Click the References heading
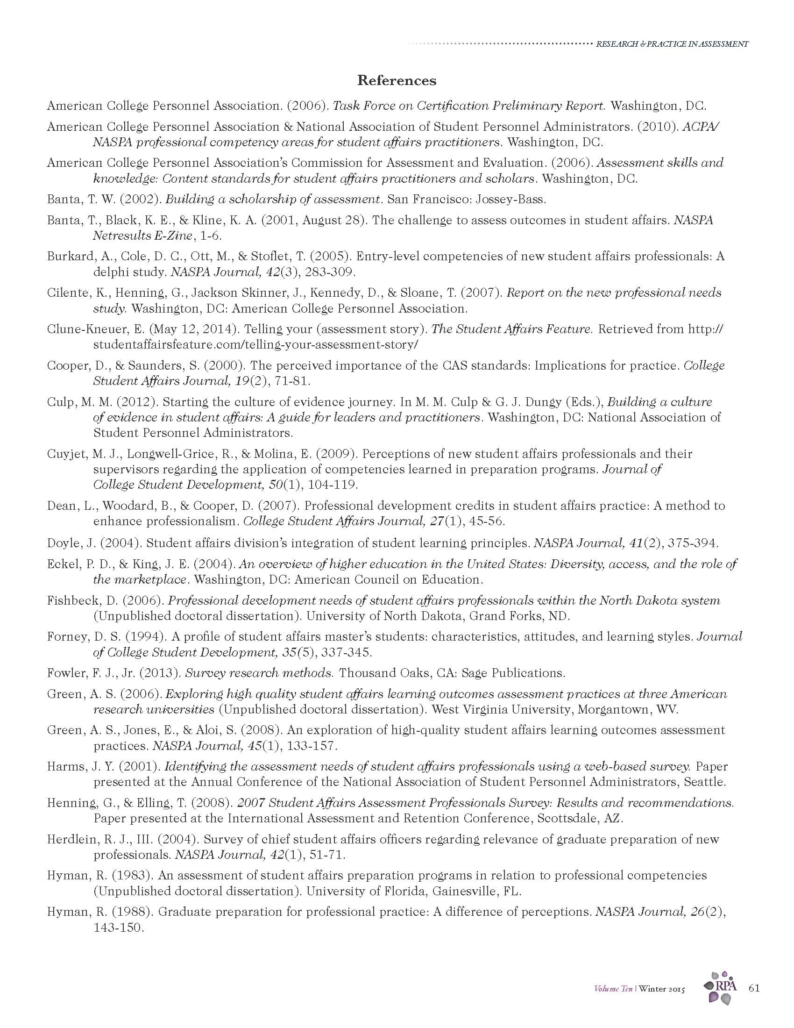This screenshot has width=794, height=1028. [397, 80]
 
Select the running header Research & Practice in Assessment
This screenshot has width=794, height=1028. [672, 44]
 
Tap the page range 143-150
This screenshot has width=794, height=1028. [118, 928]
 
